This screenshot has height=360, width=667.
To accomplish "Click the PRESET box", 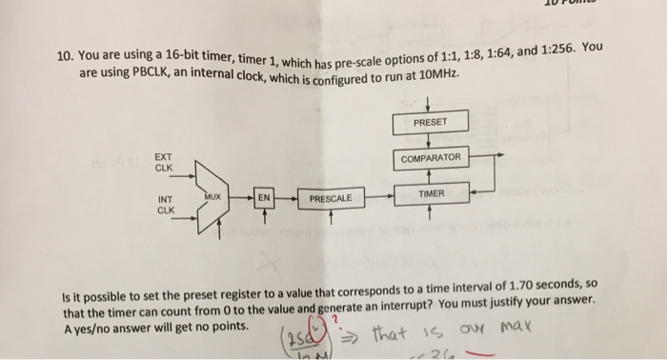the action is click(x=430, y=122).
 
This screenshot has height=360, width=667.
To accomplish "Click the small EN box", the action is click(x=264, y=197).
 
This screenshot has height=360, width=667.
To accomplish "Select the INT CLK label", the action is click(x=165, y=204).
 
